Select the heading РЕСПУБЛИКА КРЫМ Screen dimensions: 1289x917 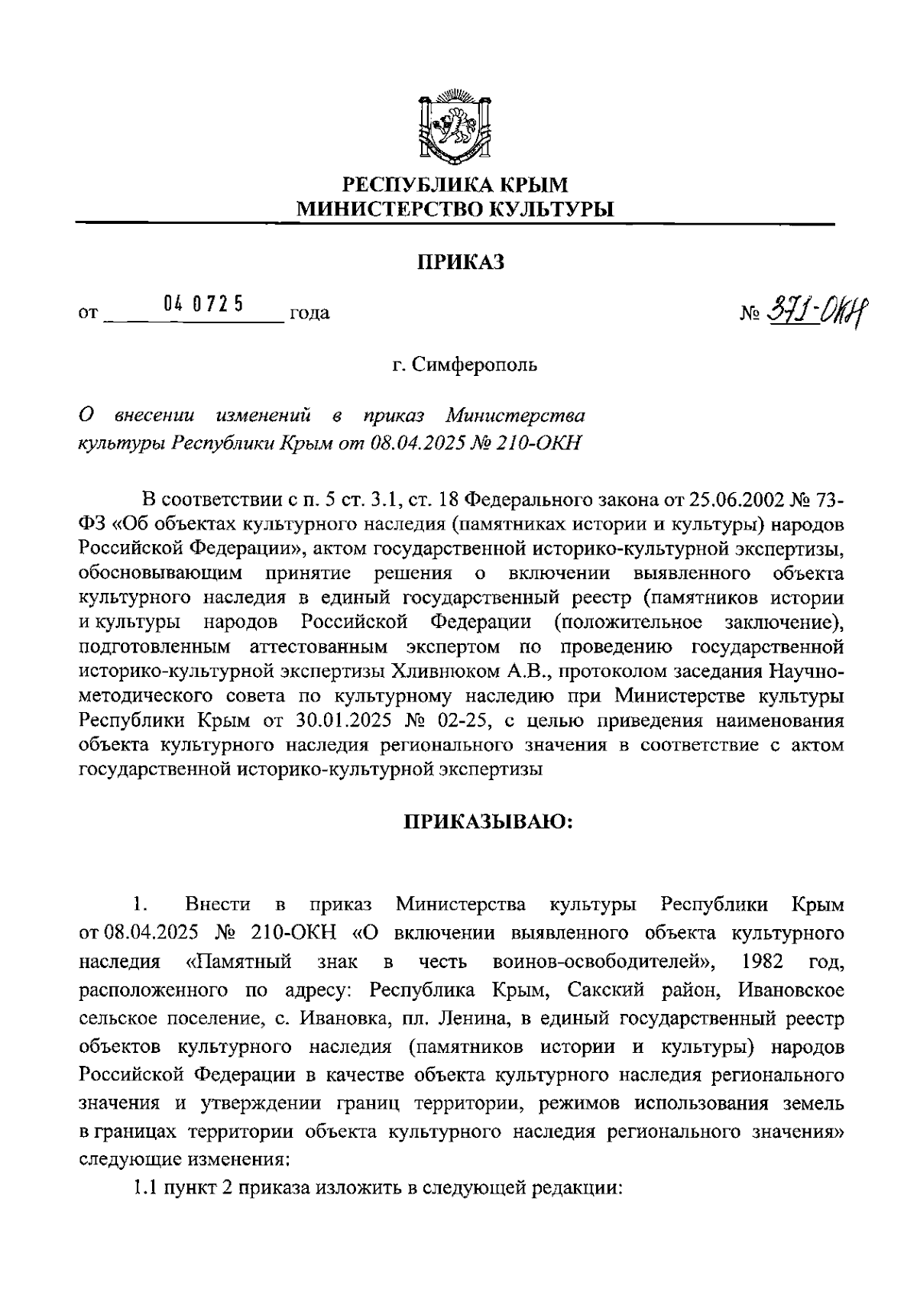point(455,185)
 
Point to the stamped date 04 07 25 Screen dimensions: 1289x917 point(203,304)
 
